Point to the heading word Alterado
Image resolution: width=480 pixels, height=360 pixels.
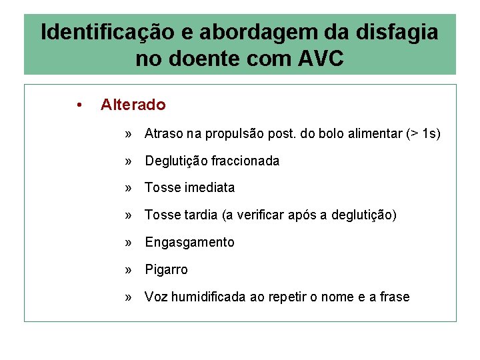coord(133,105)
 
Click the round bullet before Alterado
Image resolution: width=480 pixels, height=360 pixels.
coord(79,105)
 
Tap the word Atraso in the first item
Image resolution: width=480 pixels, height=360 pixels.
coord(164,134)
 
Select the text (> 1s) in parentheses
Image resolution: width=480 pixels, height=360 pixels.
coord(423,134)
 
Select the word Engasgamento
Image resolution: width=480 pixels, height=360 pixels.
coord(189,243)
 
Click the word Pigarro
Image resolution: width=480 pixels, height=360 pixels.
coord(166,270)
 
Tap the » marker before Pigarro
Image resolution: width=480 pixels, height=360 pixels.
coord(128,270)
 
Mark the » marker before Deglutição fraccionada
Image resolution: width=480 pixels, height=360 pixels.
coord(128,161)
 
